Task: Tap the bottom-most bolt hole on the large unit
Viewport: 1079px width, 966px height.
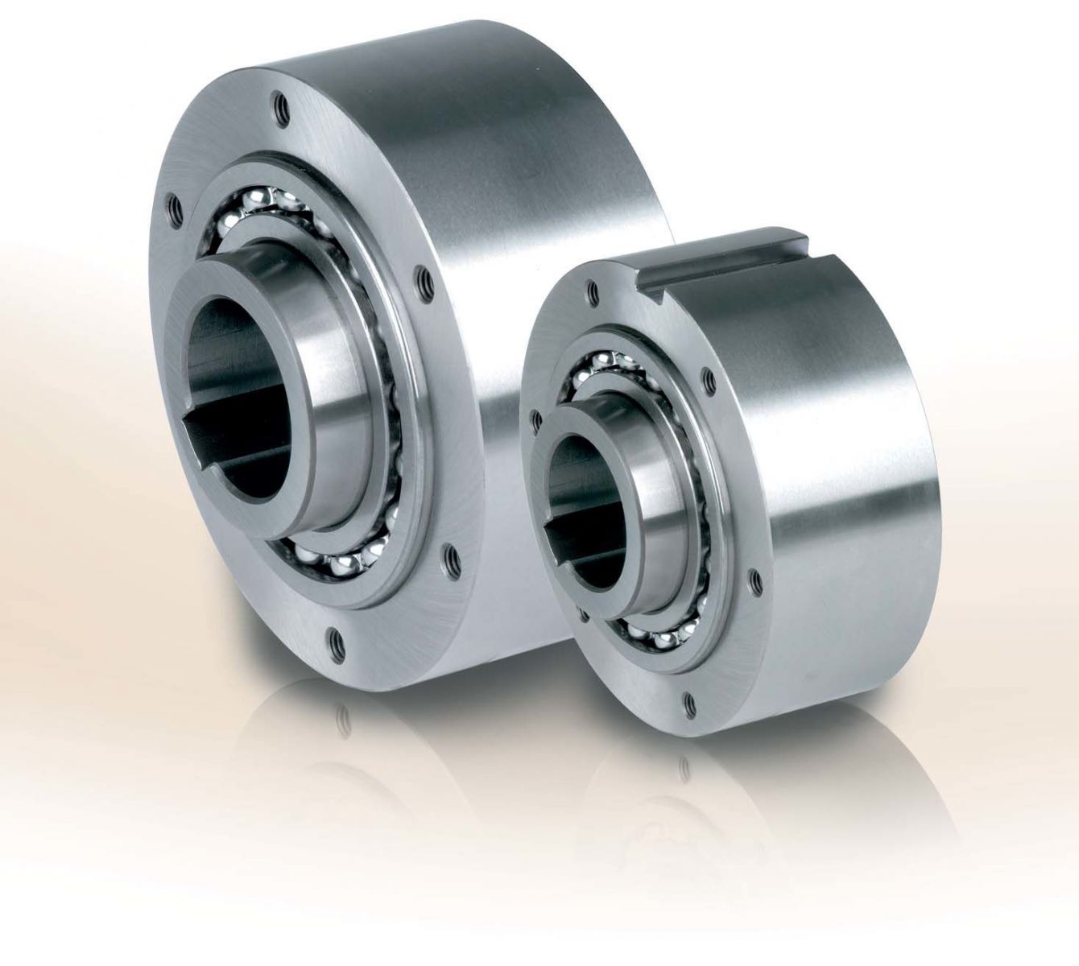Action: [334, 642]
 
